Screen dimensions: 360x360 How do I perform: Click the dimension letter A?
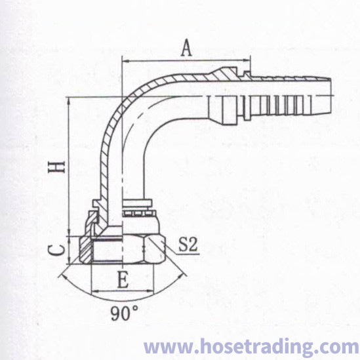pyautogui.click(x=186, y=48)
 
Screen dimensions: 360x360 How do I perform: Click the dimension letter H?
pyautogui.click(x=56, y=167)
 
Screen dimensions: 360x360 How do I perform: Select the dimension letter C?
pyautogui.click(x=56, y=250)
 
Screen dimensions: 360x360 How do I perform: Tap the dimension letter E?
pyautogui.click(x=123, y=279)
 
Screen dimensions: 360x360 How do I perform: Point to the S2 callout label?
pyautogui.click(x=188, y=245)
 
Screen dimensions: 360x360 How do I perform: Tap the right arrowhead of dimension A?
pyautogui.click(x=247, y=60)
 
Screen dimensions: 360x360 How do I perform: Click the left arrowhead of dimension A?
pyautogui.click(x=126, y=61)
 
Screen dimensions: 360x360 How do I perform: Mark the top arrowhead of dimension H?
pyautogui.click(x=69, y=101)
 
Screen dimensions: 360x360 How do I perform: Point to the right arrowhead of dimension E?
pyautogui.click(x=150, y=291)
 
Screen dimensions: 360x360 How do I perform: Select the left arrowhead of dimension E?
pyautogui.click(x=96, y=292)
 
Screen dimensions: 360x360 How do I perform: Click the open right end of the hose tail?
pyautogui.click(x=331, y=95)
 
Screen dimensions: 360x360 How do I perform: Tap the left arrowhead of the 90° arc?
pyautogui.click(x=62, y=276)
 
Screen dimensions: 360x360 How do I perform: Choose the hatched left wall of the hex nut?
pyautogui.click(x=86, y=249)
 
